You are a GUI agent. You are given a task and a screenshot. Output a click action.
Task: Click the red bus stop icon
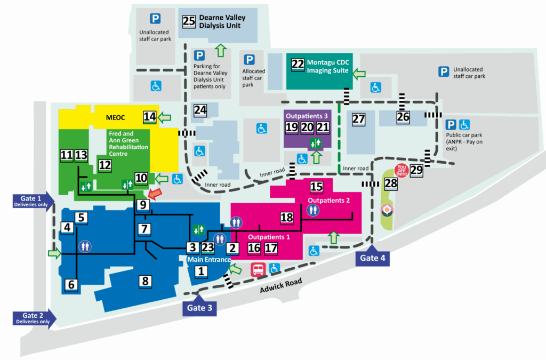tap(258, 269)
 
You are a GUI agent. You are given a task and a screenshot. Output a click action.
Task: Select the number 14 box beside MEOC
tap(150, 117)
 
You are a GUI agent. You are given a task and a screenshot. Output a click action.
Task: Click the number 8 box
tap(146, 281)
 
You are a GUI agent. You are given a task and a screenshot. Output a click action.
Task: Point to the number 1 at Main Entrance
tap(201, 271)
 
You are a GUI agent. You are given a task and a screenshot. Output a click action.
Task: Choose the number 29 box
tap(416, 171)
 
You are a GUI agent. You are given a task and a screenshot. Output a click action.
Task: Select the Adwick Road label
tap(281, 286)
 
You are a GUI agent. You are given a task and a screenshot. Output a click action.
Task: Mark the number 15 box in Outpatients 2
tap(317, 187)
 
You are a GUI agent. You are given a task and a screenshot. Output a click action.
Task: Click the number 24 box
tap(200, 110)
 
